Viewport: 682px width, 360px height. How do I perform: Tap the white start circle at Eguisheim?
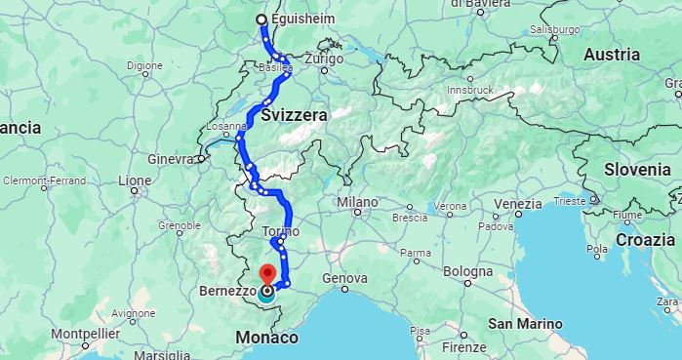coord(261,20)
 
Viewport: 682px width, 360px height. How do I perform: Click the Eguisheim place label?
coord(302,19)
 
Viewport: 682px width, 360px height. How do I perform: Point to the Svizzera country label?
coord(295,115)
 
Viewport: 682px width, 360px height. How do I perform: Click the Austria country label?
coord(612,55)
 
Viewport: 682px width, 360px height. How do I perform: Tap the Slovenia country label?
coord(636,168)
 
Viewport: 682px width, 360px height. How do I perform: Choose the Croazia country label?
coord(646,239)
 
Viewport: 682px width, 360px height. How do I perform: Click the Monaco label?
coord(267,338)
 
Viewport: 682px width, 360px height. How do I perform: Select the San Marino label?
coord(526,323)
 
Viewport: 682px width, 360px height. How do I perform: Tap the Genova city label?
coord(345,278)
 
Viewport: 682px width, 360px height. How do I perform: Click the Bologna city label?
coord(467,271)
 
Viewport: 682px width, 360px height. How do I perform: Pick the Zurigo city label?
coord(324,59)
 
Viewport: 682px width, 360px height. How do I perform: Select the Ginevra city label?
coord(170,158)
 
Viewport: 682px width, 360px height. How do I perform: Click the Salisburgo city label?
coord(557,29)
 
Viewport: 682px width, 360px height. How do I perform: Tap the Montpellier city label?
coord(85,333)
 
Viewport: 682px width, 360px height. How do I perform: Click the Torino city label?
coord(281,231)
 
